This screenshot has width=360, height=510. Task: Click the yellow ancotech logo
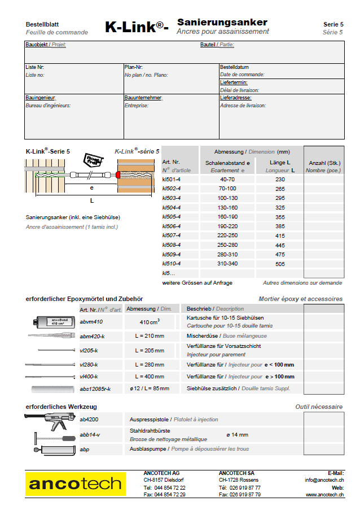click(x=75, y=484)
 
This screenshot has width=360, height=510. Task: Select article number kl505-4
click(x=172, y=216)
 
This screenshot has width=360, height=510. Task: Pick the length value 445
click(x=280, y=245)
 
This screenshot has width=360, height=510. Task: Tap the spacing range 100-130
click(x=227, y=198)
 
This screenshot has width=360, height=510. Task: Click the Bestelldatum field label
click(x=234, y=67)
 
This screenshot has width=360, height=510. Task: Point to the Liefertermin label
click(x=234, y=82)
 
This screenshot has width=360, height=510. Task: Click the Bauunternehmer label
click(x=143, y=98)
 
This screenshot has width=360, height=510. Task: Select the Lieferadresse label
click(x=236, y=98)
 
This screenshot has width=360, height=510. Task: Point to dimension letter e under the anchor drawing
click(x=91, y=187)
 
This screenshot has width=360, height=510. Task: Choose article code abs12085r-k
click(x=95, y=389)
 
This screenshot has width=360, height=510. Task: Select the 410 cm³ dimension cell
click(x=150, y=322)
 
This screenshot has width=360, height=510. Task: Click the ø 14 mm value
click(x=237, y=434)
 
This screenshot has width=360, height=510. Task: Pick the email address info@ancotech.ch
click(x=325, y=480)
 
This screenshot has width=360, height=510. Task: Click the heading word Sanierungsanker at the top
click(x=222, y=22)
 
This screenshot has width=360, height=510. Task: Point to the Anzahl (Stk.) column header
click(x=323, y=163)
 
